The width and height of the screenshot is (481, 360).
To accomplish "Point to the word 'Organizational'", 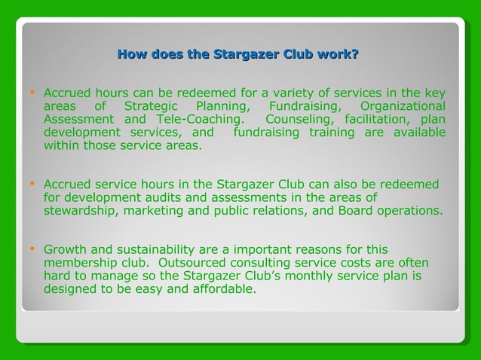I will click(x=402, y=106).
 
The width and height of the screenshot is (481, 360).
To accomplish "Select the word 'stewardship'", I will click(x=78, y=212).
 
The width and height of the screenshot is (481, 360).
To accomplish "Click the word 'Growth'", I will click(x=66, y=249).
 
